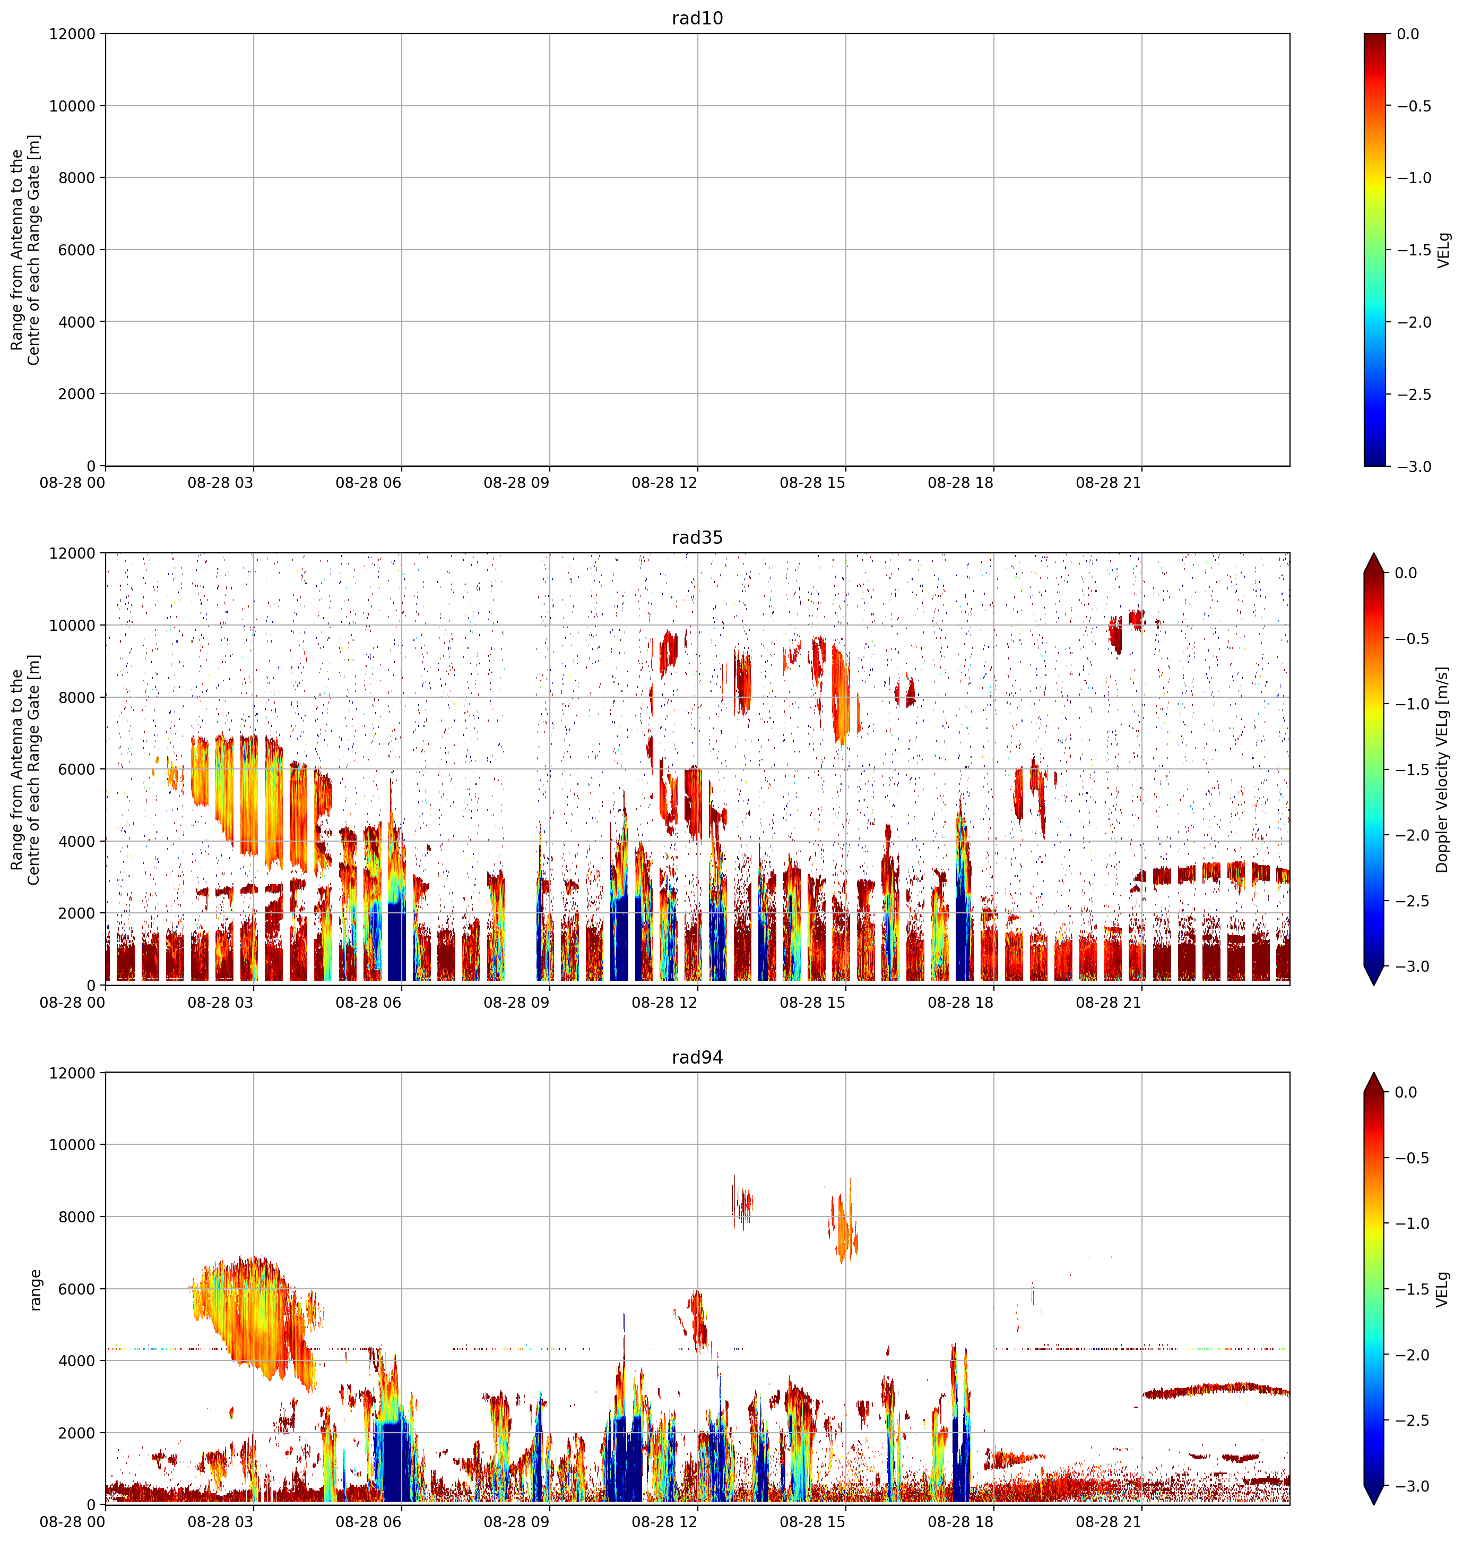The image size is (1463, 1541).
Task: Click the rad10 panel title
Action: click(x=697, y=18)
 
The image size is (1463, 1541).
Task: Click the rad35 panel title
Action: click(x=697, y=537)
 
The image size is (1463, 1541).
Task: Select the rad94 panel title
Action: click(x=697, y=1057)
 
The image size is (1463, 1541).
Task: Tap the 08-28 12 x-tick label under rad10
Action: click(x=664, y=483)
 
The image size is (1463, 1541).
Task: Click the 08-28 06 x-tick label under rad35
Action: click(x=368, y=1003)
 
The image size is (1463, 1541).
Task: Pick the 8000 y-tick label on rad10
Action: click(x=77, y=178)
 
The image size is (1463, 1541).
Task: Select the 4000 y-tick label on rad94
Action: click(x=77, y=1361)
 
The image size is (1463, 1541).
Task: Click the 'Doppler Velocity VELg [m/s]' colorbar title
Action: click(x=1443, y=769)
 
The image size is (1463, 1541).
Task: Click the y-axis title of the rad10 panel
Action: click(x=25, y=250)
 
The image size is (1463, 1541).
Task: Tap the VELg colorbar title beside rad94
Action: click(x=1443, y=1289)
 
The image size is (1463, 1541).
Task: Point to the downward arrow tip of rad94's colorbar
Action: click(x=1374, y=1504)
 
